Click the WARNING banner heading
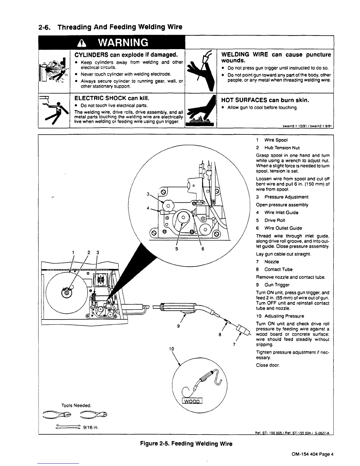[x=112, y=43]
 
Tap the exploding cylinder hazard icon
[x=54, y=71]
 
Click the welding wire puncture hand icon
[x=201, y=71]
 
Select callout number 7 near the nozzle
[x=234, y=345]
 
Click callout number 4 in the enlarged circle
[x=148, y=208]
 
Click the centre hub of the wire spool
[x=66, y=292]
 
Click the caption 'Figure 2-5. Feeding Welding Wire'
[x=186, y=444]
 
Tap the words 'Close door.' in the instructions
[x=268, y=365]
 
